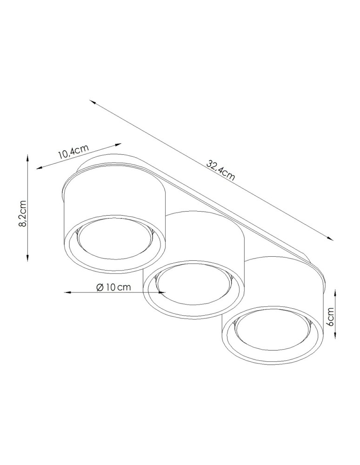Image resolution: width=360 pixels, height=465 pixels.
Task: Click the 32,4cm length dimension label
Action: click(x=221, y=171)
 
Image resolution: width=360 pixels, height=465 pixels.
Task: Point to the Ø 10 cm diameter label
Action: click(x=114, y=287)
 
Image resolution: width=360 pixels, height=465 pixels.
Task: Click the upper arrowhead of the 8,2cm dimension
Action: click(x=27, y=159)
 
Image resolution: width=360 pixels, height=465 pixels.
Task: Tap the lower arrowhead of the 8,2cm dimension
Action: click(x=27, y=258)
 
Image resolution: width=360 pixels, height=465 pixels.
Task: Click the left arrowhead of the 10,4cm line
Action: click(x=40, y=167)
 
